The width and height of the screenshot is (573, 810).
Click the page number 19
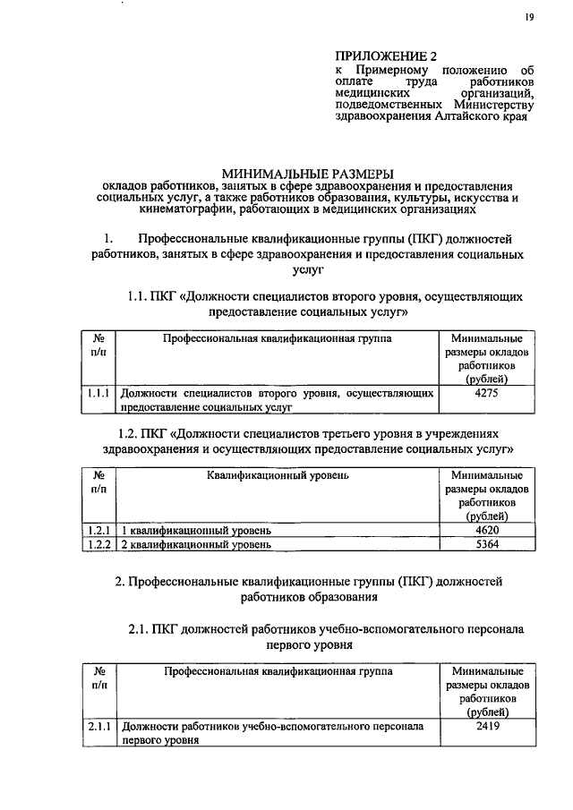529,18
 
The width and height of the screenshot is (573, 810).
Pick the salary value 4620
487,531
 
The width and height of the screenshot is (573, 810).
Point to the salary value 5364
487,544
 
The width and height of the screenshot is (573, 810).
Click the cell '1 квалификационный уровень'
196,531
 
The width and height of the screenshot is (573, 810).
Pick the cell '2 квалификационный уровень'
196,544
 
